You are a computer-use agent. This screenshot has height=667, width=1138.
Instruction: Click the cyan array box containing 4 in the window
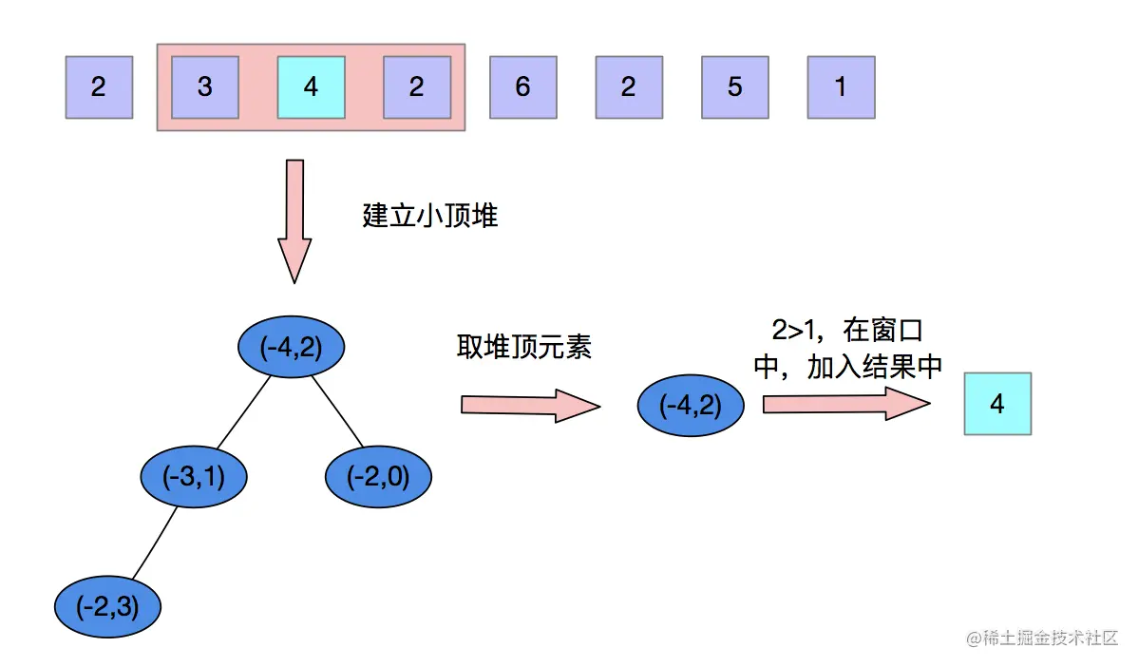tap(311, 87)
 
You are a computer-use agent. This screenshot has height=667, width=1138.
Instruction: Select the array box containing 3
tap(204, 87)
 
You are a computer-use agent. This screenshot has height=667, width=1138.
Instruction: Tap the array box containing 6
tap(522, 87)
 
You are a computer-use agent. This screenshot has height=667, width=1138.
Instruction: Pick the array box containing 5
tap(734, 87)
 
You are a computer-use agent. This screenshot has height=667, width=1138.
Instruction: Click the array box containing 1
tap(841, 87)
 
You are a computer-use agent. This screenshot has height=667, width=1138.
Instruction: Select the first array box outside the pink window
tap(99, 87)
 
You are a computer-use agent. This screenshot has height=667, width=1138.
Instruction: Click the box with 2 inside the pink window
tap(416, 87)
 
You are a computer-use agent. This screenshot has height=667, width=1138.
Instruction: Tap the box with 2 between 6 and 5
tap(628, 87)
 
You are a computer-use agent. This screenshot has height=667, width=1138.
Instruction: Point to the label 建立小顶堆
tap(430, 216)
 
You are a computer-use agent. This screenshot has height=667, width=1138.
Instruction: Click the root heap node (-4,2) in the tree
tap(290, 348)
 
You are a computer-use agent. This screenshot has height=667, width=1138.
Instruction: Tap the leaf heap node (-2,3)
tap(107, 605)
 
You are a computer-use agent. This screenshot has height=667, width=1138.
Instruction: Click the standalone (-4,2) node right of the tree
tap(691, 406)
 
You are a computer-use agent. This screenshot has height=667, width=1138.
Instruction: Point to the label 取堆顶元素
tap(523, 348)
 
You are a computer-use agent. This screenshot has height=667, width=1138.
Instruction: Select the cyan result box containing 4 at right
tap(997, 405)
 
